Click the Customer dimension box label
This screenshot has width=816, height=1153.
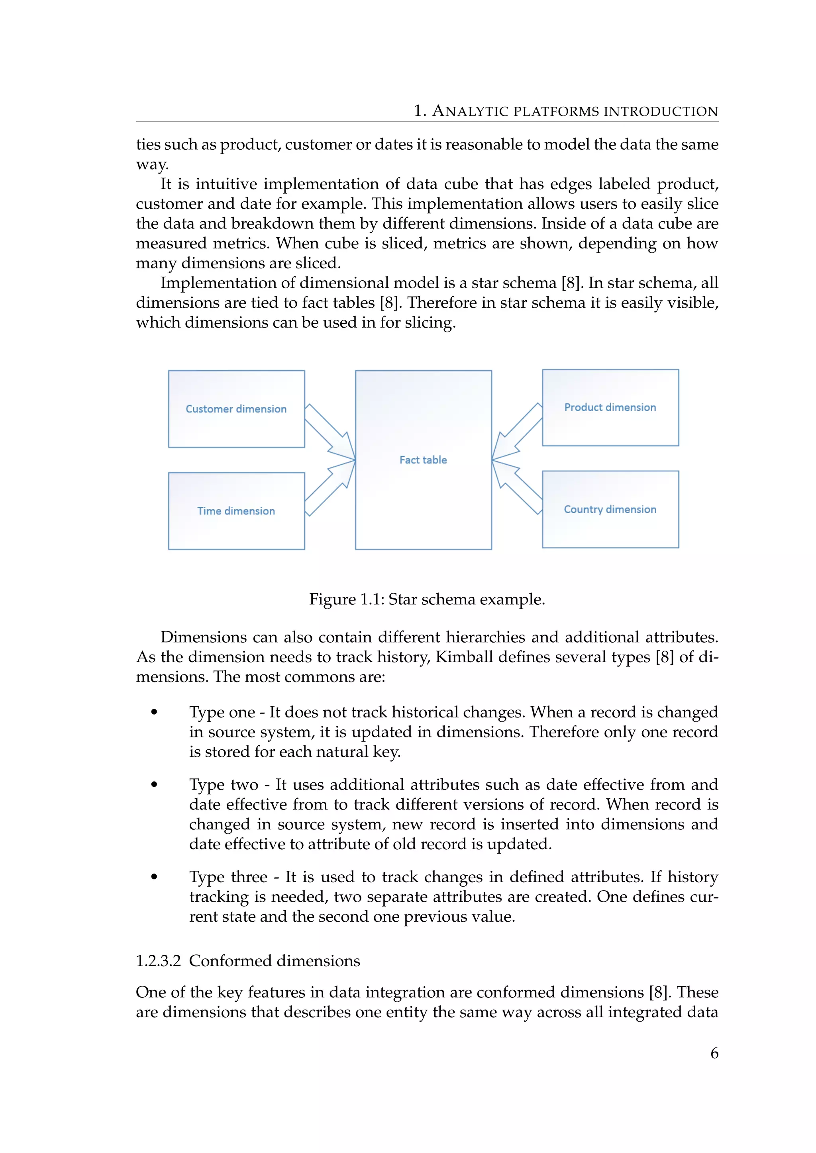[236, 409]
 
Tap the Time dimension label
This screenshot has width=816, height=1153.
[236, 511]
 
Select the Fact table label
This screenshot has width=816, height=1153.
[423, 459]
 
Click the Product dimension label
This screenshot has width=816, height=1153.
[610, 407]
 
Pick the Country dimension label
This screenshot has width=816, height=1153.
[610, 509]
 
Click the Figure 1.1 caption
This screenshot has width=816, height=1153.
[427, 599]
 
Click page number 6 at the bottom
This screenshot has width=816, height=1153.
[714, 1053]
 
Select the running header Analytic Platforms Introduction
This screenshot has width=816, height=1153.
[566, 111]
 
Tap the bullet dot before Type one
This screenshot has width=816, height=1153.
[154, 712]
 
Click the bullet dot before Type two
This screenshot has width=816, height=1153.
[154, 784]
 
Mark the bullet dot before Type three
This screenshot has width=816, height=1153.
[154, 877]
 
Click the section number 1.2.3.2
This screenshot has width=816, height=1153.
[158, 961]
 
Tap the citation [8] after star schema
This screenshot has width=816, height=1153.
[571, 283]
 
